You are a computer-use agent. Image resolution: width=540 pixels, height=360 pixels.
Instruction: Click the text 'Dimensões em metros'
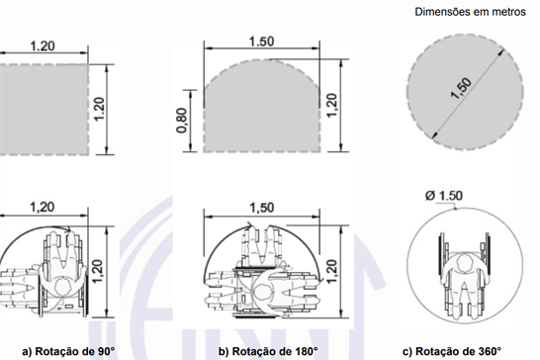470,12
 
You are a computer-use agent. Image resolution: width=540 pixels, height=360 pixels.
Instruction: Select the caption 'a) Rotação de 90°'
68,351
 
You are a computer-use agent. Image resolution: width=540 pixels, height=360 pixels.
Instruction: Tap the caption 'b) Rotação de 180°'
268,351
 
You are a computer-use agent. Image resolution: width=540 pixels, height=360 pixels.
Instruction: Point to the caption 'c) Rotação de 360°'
452,351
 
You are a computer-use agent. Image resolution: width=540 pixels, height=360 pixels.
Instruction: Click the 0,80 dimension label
182,121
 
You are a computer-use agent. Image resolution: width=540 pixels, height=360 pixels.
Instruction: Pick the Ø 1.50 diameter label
444,196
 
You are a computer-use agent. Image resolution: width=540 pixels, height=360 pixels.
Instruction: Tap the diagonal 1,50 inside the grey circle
462,88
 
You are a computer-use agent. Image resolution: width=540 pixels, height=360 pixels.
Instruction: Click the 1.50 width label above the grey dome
262,42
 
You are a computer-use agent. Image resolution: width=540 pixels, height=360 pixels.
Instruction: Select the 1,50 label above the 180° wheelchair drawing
262,208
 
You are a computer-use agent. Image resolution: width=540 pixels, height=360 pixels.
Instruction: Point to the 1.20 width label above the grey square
43,46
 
